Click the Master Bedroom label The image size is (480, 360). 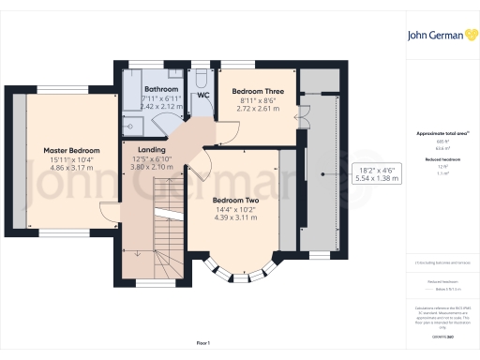tap(71, 150)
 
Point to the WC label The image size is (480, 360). tap(202, 96)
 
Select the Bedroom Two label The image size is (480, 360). tap(236, 200)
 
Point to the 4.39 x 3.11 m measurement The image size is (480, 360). tap(236, 217)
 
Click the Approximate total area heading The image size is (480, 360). tap(441, 133)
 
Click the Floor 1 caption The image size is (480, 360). tap(202, 345)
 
